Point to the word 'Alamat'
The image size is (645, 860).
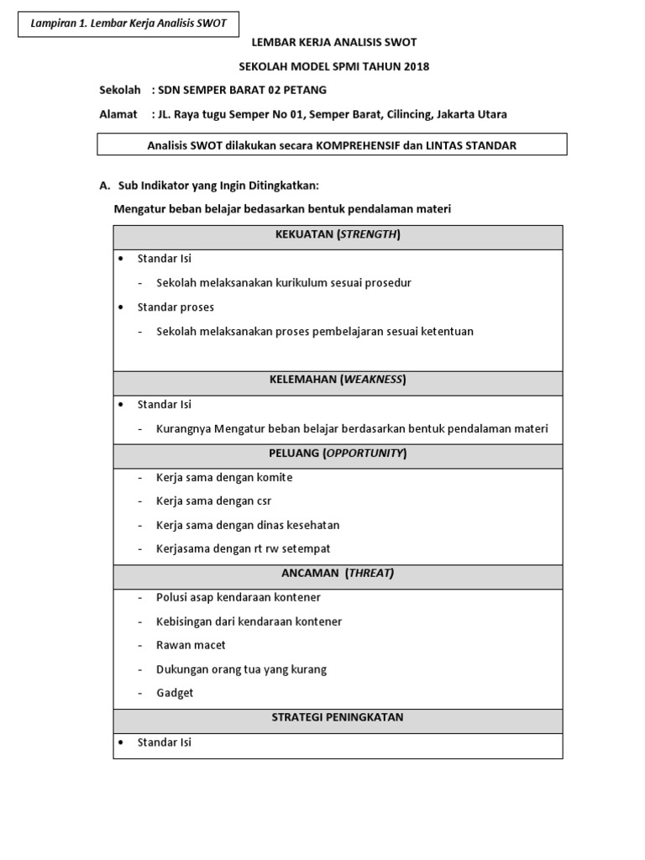point(118,114)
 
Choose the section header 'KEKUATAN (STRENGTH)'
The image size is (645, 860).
point(338,234)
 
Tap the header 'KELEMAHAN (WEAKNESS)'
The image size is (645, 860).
point(338,380)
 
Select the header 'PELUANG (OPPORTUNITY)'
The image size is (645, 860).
point(338,454)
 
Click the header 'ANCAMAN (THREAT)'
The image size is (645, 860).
point(338,574)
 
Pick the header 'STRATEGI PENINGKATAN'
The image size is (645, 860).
point(338,717)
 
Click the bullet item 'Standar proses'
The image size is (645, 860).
point(176,307)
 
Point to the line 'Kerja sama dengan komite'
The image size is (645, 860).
point(224,478)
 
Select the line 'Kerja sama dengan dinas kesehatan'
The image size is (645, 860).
point(248,526)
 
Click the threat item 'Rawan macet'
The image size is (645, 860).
point(191,645)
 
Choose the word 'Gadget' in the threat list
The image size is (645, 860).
point(175,693)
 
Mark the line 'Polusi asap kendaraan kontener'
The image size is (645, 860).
point(239,597)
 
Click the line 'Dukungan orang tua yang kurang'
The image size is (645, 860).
point(241,669)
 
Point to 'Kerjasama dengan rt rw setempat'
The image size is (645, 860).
point(243,549)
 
